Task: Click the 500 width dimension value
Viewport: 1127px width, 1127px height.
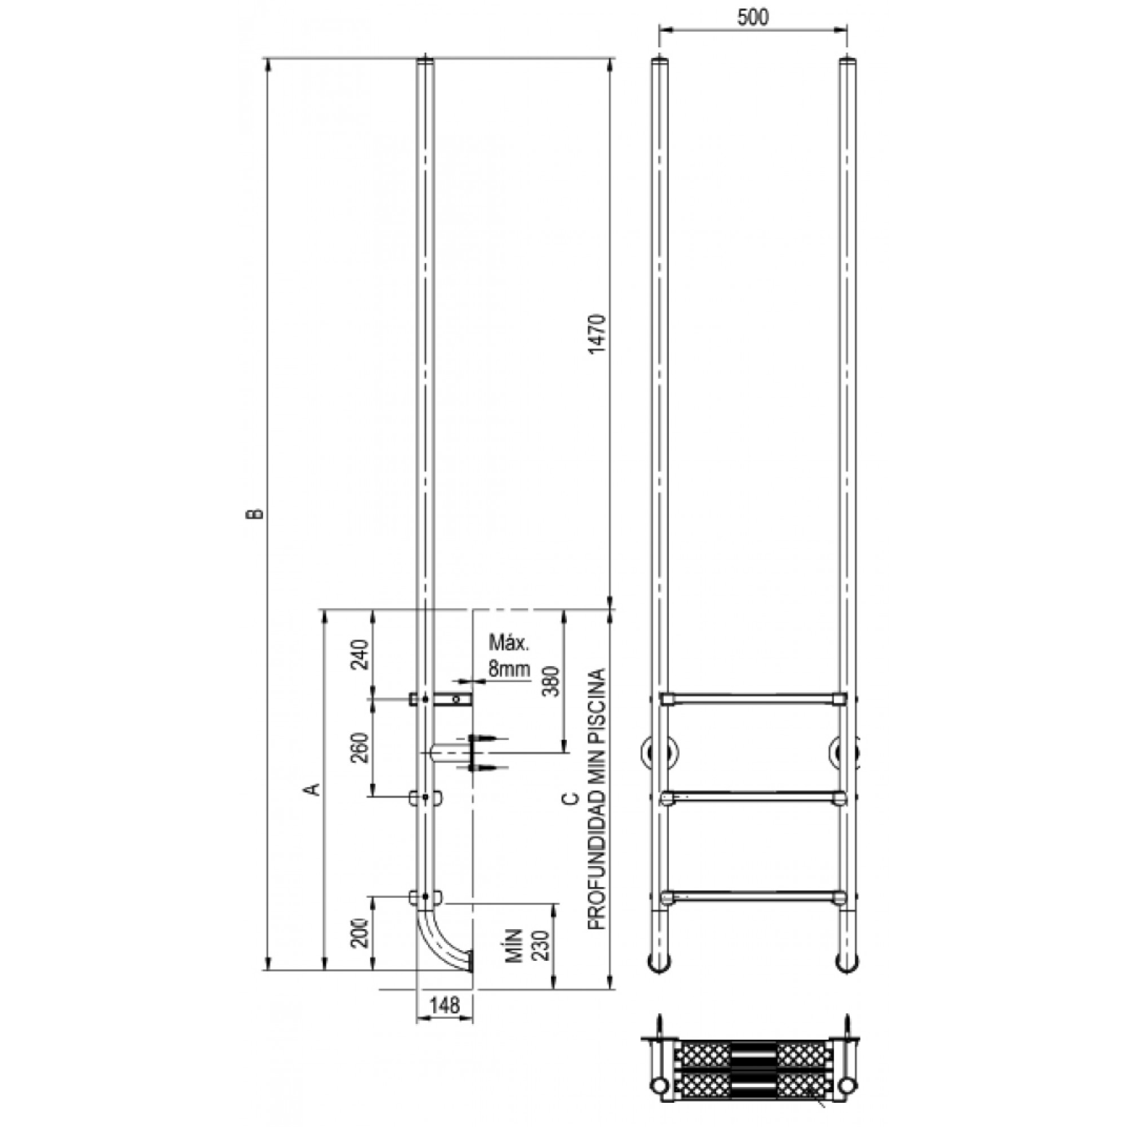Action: [x=752, y=17]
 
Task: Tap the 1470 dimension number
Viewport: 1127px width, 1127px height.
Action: [x=598, y=334]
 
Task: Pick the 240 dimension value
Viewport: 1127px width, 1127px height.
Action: [x=362, y=654]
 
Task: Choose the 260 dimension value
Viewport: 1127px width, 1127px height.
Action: [x=362, y=747]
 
